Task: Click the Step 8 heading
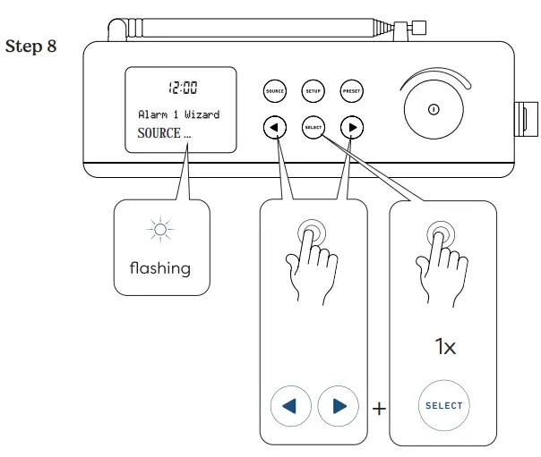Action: tap(31, 46)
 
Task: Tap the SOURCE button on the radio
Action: tap(275, 90)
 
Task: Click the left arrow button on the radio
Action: tap(275, 127)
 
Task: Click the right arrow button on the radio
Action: tap(353, 127)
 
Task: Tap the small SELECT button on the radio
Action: tap(313, 127)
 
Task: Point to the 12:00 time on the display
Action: tap(184, 88)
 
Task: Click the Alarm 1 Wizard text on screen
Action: tap(179, 115)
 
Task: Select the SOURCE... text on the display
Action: tap(164, 133)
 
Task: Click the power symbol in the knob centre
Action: tap(433, 110)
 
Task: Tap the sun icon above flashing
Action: tap(160, 232)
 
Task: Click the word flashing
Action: tap(160, 267)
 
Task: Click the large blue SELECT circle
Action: tap(443, 405)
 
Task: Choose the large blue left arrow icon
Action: tap(290, 406)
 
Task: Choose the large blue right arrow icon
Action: tap(338, 406)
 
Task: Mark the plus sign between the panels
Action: tap(379, 409)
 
